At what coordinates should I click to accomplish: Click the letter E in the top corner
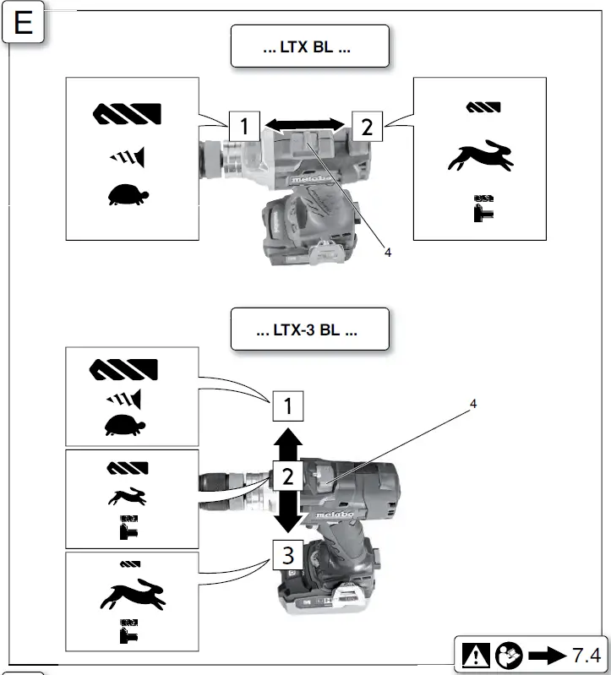pos(23,23)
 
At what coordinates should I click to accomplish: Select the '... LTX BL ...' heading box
pos(309,46)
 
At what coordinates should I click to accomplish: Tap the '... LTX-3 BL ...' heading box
pos(309,329)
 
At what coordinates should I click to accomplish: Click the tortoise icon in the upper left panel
pos(128,195)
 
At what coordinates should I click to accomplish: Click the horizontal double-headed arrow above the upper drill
pos(304,125)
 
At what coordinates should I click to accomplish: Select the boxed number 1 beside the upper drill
pos(243,127)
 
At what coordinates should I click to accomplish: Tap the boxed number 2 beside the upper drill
pos(367,127)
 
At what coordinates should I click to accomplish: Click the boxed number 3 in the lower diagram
pos(287,554)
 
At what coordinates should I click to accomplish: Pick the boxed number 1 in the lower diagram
pos(287,408)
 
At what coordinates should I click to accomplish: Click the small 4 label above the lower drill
pos(472,404)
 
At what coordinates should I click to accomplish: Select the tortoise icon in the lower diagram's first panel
pos(124,425)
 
